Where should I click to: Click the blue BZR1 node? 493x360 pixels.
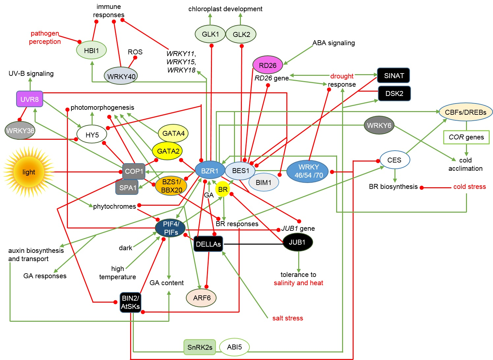210,170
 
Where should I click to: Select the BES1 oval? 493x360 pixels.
241,170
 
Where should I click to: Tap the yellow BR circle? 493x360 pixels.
223,189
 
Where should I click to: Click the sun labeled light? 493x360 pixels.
29,172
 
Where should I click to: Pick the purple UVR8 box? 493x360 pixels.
30,99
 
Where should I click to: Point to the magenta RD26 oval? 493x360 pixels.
268,65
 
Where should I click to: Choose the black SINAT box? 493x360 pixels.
393,75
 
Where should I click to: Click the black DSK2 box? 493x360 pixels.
394,93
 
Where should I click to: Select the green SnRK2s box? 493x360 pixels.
200,347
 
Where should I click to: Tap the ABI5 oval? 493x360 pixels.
234,347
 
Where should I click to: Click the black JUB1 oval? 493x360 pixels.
297,242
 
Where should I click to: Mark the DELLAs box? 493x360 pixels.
208,244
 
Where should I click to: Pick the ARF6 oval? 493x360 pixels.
202,298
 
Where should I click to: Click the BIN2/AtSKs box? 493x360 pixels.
130,302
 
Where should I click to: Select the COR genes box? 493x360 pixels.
466,137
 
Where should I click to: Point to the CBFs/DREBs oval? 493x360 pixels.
465,112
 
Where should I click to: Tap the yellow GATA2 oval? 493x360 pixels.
168,151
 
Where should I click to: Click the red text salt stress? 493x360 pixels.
287,318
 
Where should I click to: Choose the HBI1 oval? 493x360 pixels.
91,50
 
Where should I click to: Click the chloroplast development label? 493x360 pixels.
225,9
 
